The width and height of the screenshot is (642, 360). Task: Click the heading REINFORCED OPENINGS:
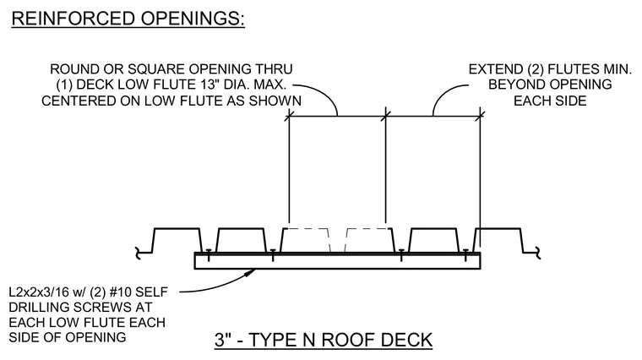(x=128, y=19)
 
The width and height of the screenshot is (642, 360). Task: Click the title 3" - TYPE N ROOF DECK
(x=324, y=340)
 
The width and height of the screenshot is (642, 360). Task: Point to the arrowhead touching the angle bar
(x=250, y=272)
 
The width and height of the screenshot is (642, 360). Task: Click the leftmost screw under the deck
(x=209, y=254)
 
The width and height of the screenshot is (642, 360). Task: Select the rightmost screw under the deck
(x=465, y=254)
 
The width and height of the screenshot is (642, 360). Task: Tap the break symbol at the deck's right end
(x=536, y=254)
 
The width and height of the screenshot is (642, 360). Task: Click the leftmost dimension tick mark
(x=289, y=116)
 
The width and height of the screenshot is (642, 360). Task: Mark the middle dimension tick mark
(x=386, y=116)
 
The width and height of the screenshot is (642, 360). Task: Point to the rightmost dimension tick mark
(x=480, y=116)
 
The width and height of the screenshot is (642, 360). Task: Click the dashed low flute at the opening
(x=338, y=240)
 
